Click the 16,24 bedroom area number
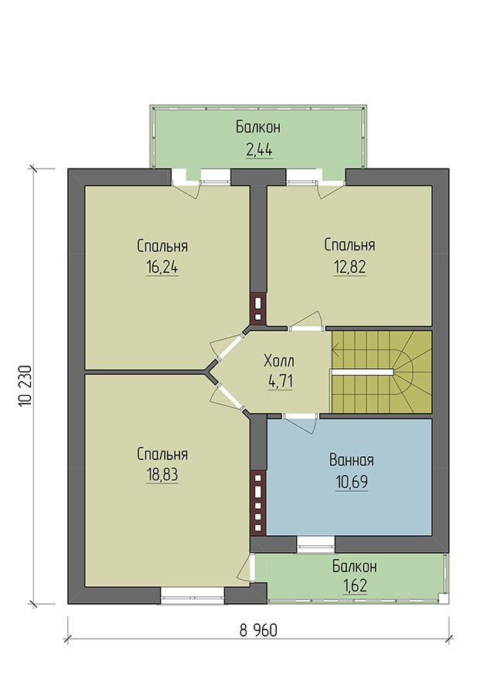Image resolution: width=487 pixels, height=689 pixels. pos(162,268)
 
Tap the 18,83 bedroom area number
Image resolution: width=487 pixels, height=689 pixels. pos(162,475)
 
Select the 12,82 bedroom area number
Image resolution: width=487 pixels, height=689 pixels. pos(349,267)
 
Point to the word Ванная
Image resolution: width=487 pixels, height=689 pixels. pos(351,460)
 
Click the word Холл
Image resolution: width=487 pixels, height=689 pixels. pos(279,361)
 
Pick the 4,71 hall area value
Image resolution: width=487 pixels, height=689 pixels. pos(280,381)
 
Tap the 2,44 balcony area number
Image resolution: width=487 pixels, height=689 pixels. pos(259,150)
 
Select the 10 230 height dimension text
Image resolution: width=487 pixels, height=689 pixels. pos(26,386)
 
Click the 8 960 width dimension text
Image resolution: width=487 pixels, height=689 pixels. pos(259,630)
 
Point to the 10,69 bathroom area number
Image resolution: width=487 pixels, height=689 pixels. pos(351,482)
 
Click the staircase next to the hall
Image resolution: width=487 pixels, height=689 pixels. pos(381,372)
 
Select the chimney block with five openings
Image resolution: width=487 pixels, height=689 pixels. pos(258,503)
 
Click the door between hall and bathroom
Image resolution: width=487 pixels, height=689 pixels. pos(301,423)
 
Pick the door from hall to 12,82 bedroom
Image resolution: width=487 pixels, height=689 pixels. pos(306,321)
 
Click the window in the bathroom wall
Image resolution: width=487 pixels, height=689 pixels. pos(315,544)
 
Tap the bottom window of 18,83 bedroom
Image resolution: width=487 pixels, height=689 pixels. pos(192,595)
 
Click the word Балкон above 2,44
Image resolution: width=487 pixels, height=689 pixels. pos(258,128)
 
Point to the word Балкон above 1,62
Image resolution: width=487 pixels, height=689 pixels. pos(354,566)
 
